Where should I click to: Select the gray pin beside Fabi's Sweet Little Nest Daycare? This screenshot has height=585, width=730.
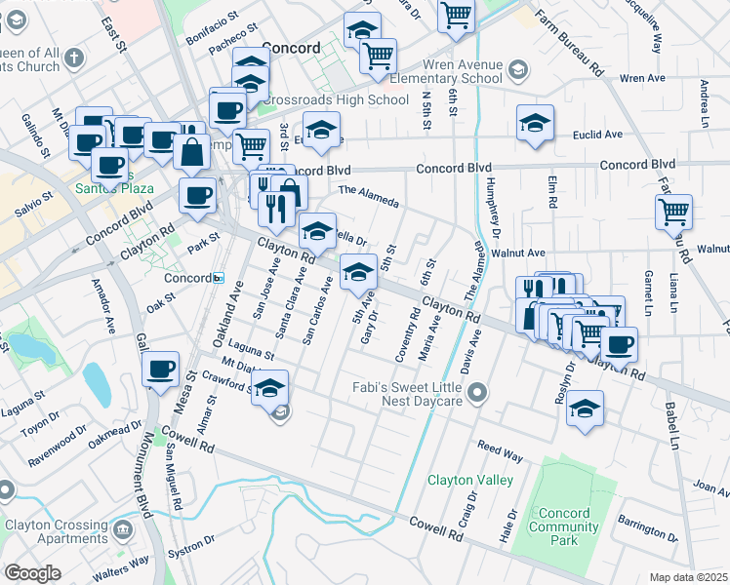coord(477,393)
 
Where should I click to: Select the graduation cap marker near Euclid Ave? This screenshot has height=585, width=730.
coord(534,123)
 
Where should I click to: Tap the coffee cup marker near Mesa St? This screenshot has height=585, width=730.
coord(160,370)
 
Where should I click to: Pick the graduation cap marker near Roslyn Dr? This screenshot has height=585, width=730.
coord(585,408)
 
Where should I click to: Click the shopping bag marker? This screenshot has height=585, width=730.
coord(193,151)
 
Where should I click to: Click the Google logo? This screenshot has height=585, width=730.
coord(32,572)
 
